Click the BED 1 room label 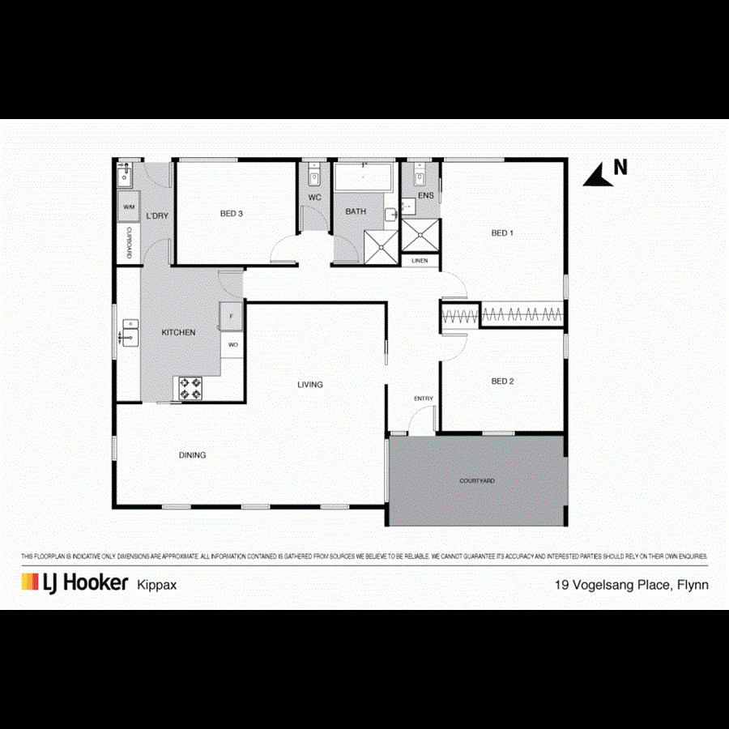click(502, 233)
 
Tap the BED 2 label click(502, 381)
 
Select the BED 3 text click(231, 214)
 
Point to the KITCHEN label click(178, 332)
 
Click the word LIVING click(309, 385)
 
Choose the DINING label click(192, 455)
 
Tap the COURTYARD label click(477, 481)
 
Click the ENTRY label click(423, 399)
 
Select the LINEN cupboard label click(419, 261)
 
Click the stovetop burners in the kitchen click(190, 389)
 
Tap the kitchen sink click(130, 332)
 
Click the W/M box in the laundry click(129, 207)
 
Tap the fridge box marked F click(232, 315)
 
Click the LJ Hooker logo click(75, 582)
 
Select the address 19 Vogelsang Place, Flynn click(631, 584)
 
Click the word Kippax click(158, 584)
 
